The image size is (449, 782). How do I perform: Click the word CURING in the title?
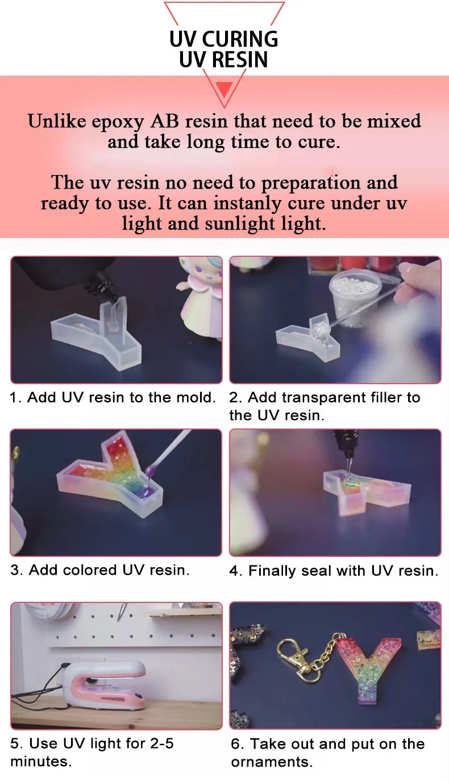click(240, 39)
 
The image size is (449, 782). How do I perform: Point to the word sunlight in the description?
click(240, 223)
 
